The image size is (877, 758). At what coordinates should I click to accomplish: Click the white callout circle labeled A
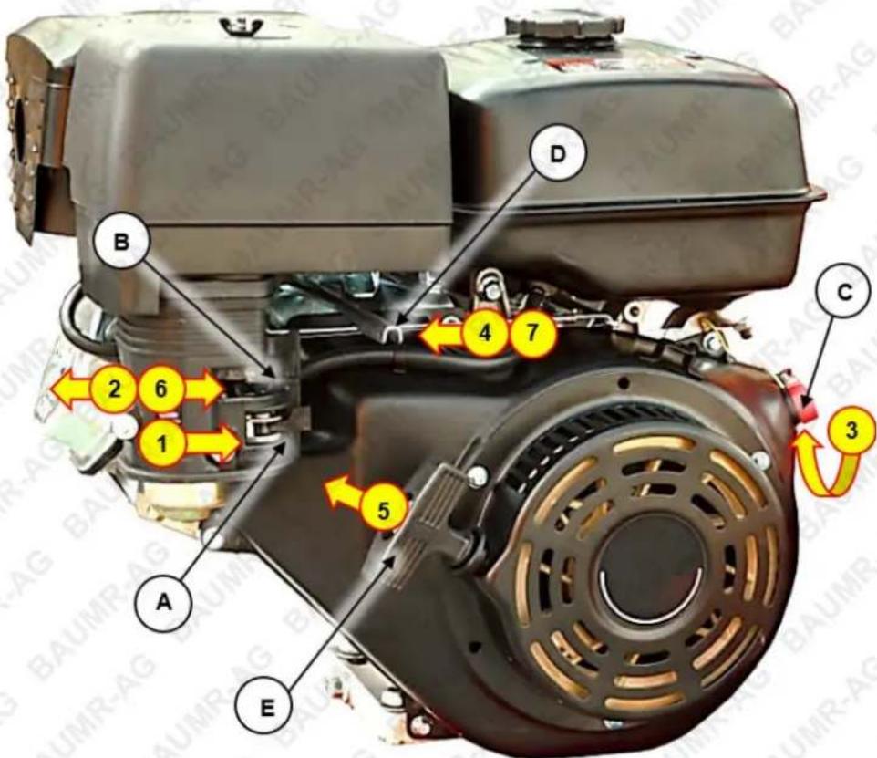(163, 602)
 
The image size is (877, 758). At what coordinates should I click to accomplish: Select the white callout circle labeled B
(121, 243)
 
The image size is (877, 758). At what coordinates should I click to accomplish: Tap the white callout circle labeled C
(844, 293)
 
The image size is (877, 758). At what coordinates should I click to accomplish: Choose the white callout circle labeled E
(267, 708)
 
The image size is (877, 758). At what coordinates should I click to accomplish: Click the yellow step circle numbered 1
(162, 444)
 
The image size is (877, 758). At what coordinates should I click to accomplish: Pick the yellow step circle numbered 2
(114, 388)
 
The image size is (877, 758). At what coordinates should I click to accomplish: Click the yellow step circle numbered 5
(383, 510)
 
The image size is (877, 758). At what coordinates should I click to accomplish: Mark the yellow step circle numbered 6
(161, 388)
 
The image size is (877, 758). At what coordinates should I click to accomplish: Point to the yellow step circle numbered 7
(532, 334)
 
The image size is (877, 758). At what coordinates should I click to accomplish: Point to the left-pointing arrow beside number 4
(442, 335)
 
